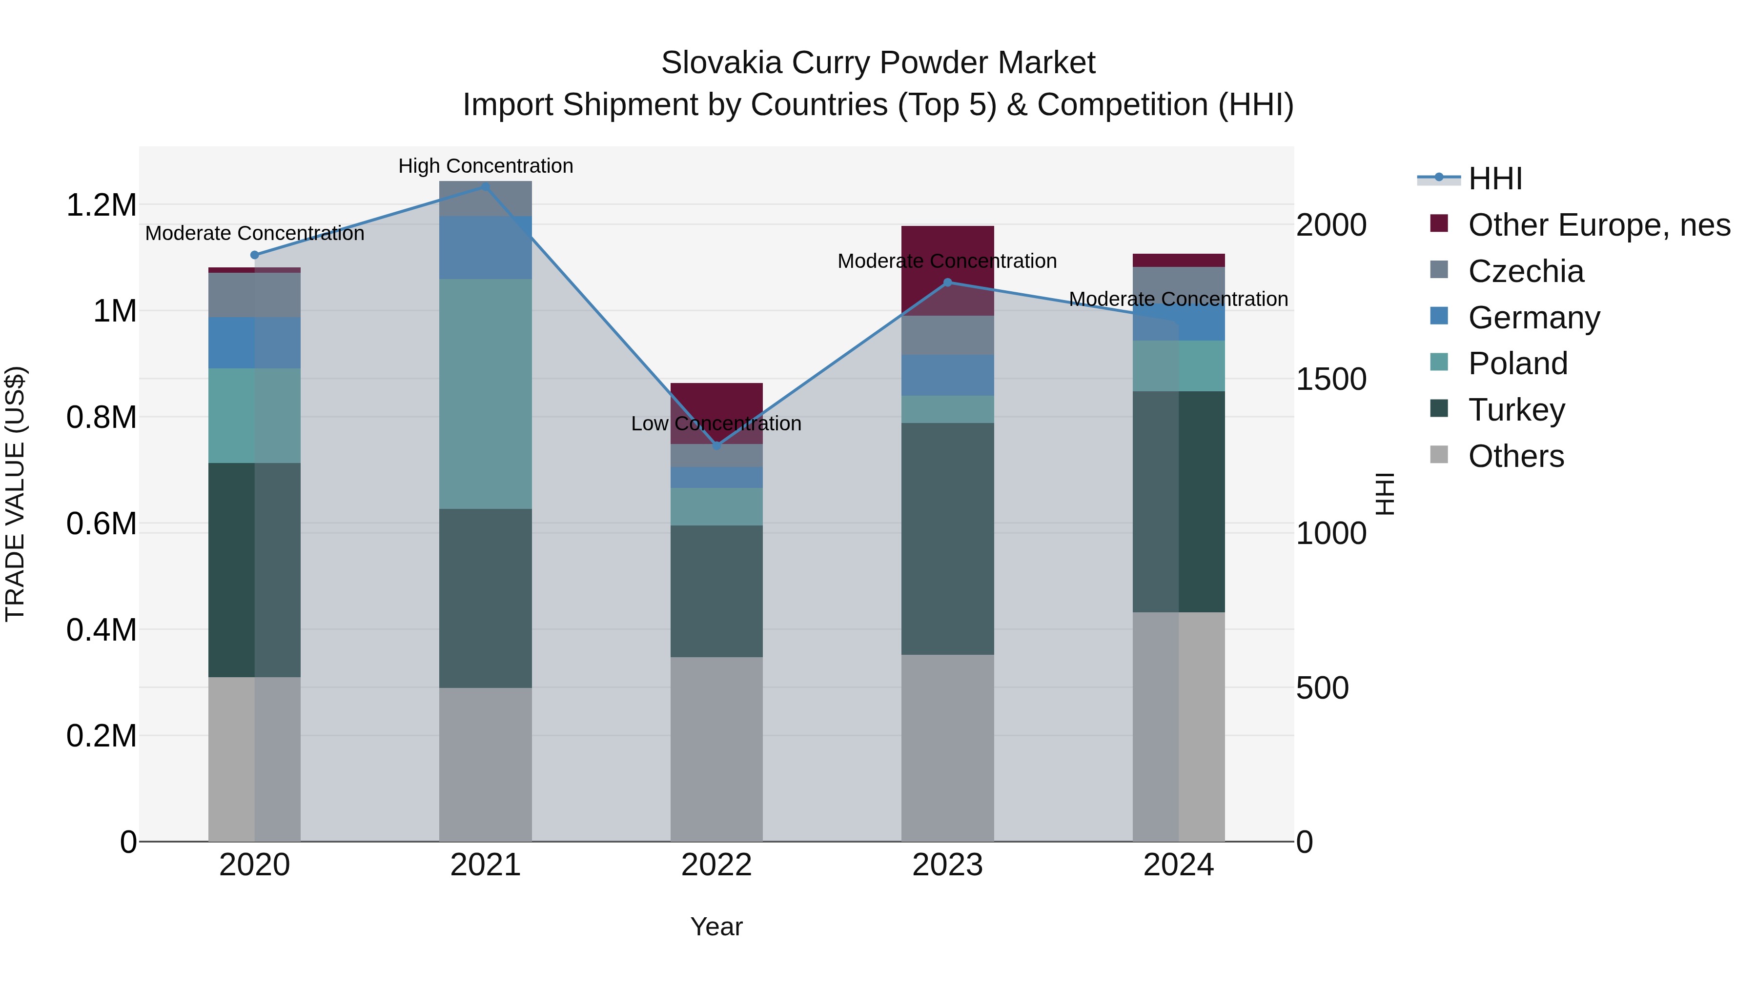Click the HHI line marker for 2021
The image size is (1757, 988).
pyautogui.click(x=486, y=186)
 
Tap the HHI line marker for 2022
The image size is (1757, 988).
pyautogui.click(x=716, y=446)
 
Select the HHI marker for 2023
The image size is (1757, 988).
pyautogui.click(x=947, y=282)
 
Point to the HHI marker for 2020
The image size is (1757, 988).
pyautogui.click(x=254, y=255)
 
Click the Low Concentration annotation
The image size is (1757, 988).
pyautogui.click(x=716, y=423)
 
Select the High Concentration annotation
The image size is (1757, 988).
pyautogui.click(x=486, y=166)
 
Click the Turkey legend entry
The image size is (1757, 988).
pyautogui.click(x=1516, y=410)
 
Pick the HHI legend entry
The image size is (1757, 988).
pyautogui.click(x=1494, y=179)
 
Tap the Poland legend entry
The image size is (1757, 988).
pyautogui.click(x=1517, y=363)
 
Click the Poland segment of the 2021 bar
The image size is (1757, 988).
pyautogui.click(x=486, y=393)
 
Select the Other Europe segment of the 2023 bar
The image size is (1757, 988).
pyautogui.click(x=947, y=270)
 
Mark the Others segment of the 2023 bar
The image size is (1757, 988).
pyautogui.click(x=947, y=747)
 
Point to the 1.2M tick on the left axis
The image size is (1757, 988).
pyautogui.click(x=101, y=204)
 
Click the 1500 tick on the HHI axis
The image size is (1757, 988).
pyautogui.click(x=1331, y=379)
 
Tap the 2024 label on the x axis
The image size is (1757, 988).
pyautogui.click(x=1178, y=865)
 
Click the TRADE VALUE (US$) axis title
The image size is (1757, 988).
pyautogui.click(x=15, y=494)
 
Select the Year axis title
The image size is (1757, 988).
pyautogui.click(x=716, y=927)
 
